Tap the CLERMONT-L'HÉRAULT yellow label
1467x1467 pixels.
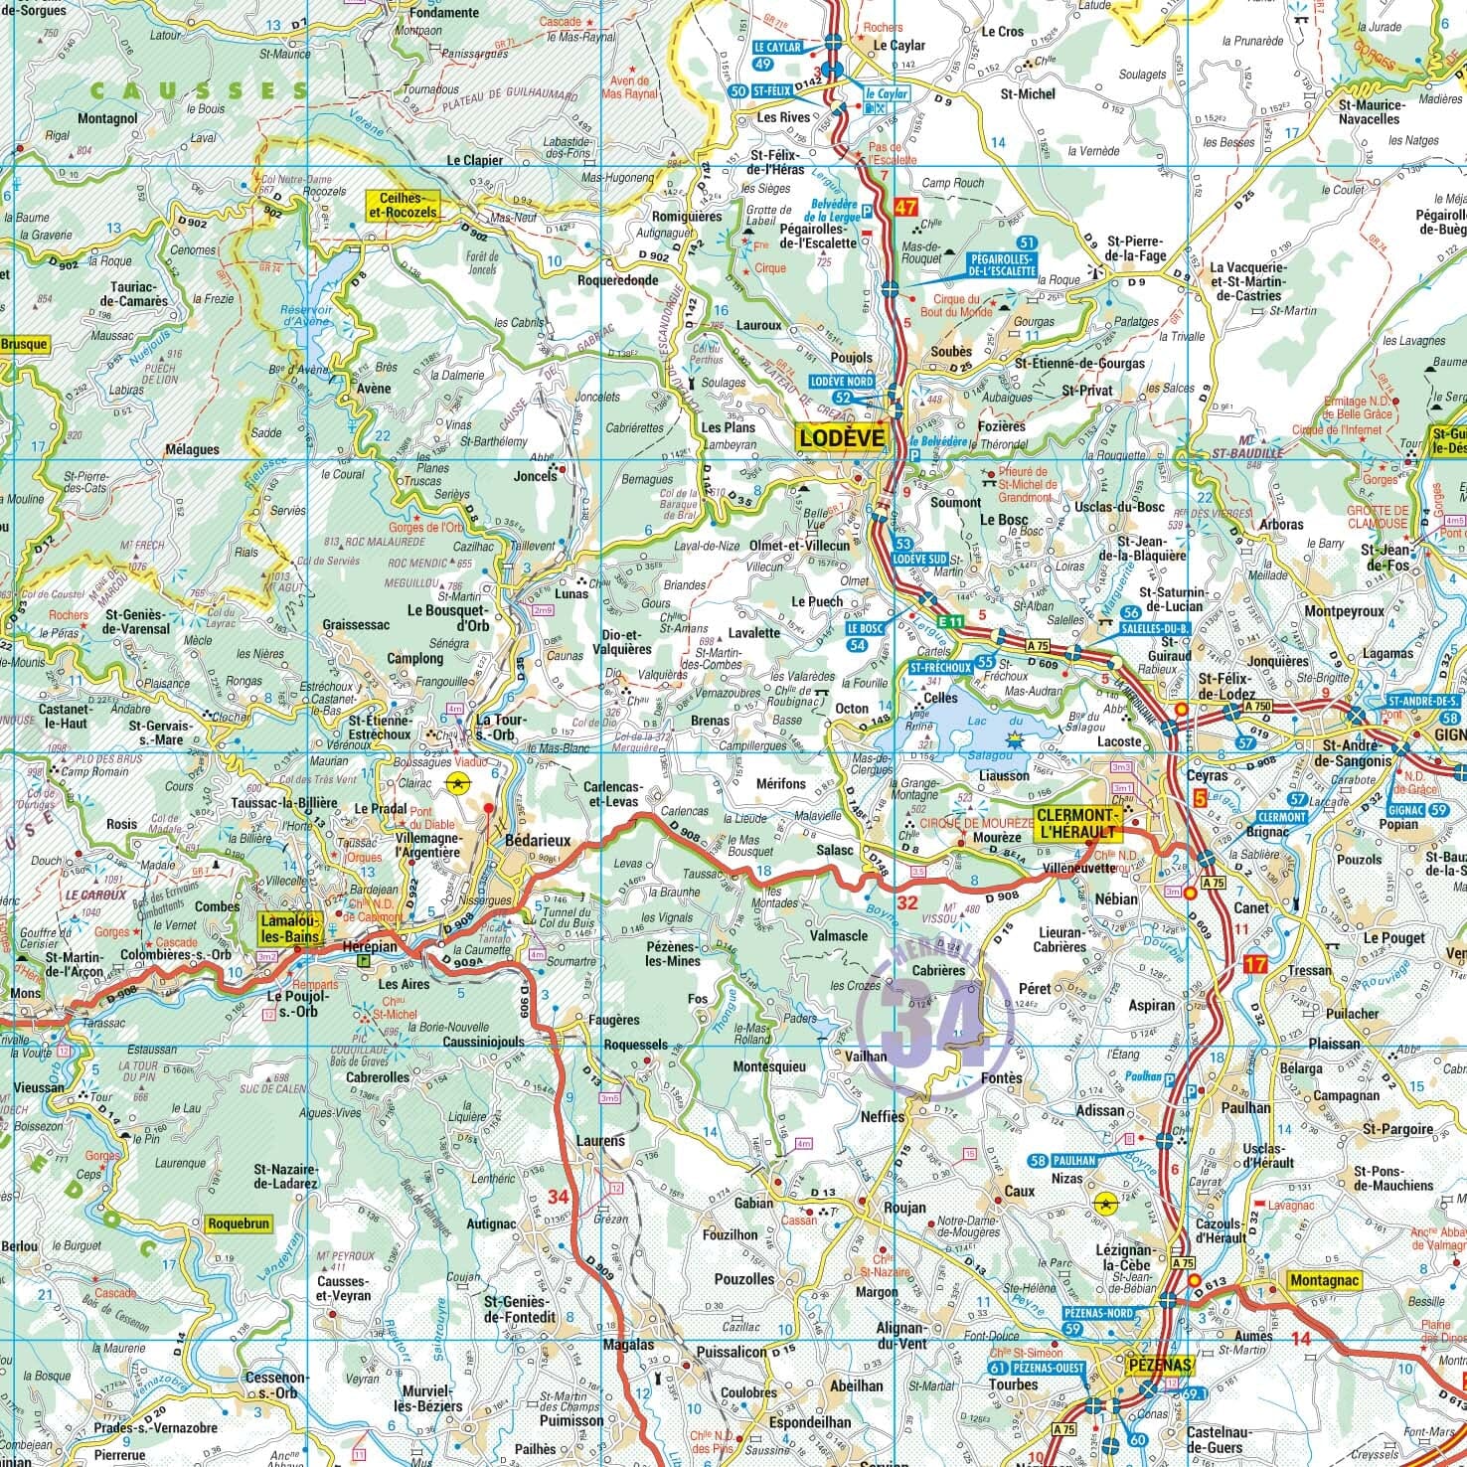coord(1078,822)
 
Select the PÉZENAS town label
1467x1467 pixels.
coord(1161,1366)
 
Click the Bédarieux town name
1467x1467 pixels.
coord(538,841)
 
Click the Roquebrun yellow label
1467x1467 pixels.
coord(239,1224)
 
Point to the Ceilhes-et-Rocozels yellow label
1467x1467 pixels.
coord(403,205)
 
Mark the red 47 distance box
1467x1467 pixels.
coord(903,208)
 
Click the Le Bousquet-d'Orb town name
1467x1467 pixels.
coord(447,618)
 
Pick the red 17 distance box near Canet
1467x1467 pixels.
coord(1254,963)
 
